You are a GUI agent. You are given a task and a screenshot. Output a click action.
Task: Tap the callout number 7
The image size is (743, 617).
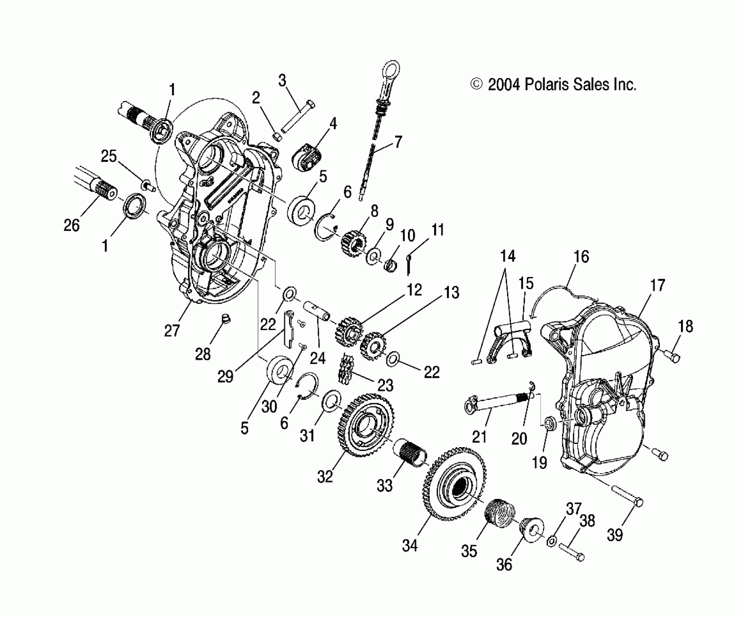tap(399, 142)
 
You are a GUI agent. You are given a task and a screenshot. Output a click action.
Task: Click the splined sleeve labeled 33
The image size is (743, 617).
tap(410, 454)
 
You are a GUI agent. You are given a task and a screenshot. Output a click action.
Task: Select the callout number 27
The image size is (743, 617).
tap(172, 331)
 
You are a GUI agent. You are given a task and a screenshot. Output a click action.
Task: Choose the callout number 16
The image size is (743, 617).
tap(581, 257)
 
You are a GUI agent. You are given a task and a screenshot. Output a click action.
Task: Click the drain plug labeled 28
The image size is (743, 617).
tap(227, 319)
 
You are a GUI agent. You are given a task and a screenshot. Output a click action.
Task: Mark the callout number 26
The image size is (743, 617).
tap(71, 225)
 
